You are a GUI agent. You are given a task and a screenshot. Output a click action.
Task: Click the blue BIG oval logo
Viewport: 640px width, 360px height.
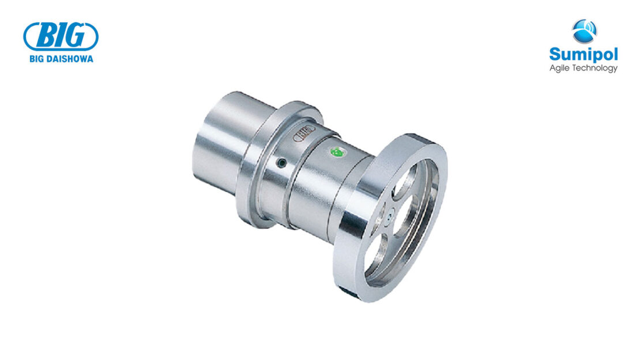[61, 36]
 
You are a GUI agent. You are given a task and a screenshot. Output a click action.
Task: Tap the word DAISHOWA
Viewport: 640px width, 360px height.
[70, 58]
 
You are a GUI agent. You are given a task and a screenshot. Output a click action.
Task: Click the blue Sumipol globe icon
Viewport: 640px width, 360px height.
[583, 31]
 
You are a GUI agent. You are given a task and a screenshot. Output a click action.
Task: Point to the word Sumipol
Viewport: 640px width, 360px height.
[583, 55]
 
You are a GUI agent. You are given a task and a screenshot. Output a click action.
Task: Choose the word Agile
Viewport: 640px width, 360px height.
[561, 68]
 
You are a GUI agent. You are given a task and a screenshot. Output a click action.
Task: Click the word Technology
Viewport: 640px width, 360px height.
[596, 68]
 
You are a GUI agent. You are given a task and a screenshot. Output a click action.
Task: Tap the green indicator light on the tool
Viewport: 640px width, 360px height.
[337, 152]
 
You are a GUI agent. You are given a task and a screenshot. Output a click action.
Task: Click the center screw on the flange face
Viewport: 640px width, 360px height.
[390, 216]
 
